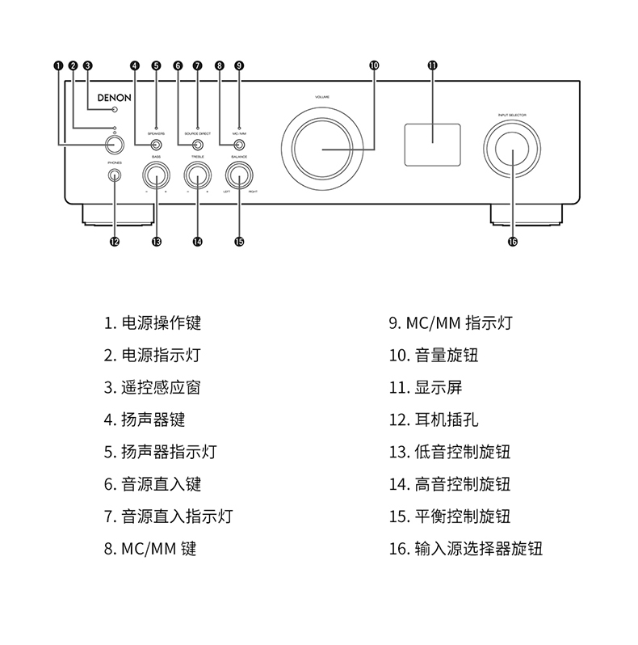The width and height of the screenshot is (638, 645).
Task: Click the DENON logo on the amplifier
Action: tap(114, 95)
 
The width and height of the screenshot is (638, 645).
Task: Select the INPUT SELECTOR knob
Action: tap(512, 151)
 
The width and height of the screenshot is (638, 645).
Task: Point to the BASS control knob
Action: tap(157, 175)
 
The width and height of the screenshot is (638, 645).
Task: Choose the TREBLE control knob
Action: tap(197, 175)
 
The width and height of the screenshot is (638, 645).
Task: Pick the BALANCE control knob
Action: tap(239, 175)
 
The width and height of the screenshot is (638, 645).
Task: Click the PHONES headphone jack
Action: tap(114, 175)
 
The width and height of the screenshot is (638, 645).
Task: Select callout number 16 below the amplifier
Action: tap(512, 240)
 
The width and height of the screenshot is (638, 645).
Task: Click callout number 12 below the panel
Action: tap(114, 240)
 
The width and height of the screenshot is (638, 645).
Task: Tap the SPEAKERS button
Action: tap(155, 145)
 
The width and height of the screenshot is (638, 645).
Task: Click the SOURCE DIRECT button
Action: tap(196, 145)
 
